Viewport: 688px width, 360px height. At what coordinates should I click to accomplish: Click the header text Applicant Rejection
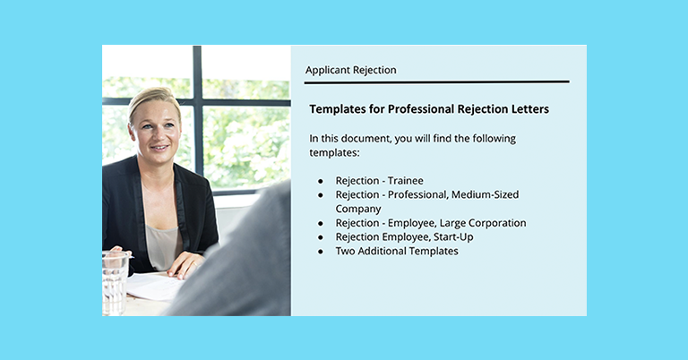pyautogui.click(x=350, y=70)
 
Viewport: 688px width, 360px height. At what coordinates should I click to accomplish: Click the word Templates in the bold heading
pyautogui.click(x=339, y=109)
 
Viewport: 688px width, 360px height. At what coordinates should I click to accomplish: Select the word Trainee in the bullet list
pyautogui.click(x=405, y=180)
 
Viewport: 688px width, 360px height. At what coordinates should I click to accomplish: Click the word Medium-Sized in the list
pyautogui.click(x=485, y=194)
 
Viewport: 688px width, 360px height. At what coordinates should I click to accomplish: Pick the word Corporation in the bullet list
pyautogui.click(x=493, y=223)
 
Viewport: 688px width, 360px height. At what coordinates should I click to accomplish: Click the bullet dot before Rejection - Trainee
pyautogui.click(x=321, y=181)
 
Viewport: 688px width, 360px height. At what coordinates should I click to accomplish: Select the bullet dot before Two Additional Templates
pyautogui.click(x=321, y=253)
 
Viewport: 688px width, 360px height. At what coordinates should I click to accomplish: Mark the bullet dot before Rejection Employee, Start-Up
pyautogui.click(x=321, y=238)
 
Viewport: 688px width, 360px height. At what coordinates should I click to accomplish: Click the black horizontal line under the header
pyautogui.click(x=436, y=82)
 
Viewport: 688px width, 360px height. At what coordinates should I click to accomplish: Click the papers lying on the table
pyautogui.click(x=152, y=286)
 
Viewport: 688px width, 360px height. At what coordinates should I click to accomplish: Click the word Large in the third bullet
pyautogui.click(x=445, y=223)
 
